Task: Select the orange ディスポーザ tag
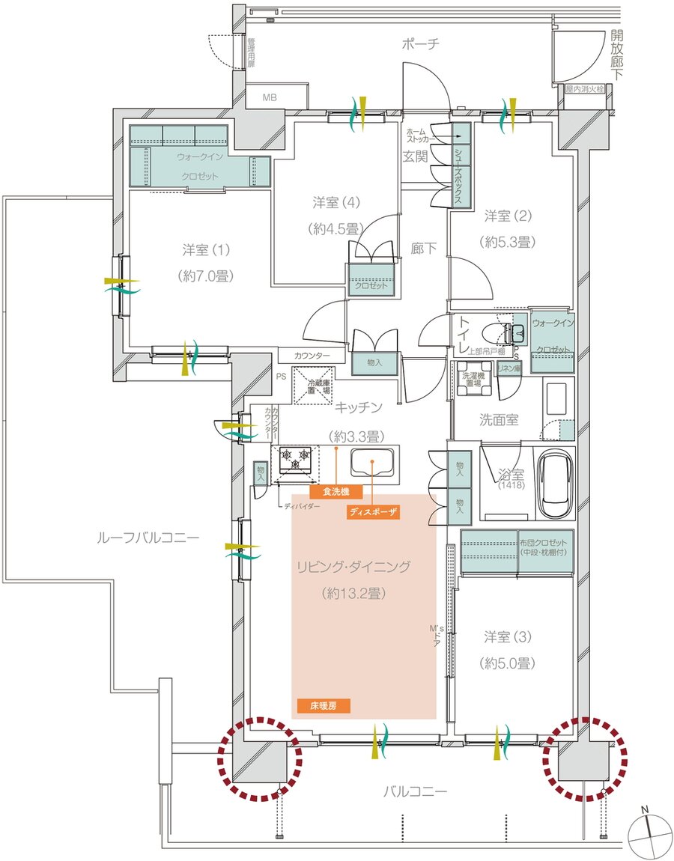(x=372, y=513)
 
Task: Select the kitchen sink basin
(x=374, y=466)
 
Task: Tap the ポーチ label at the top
(x=421, y=44)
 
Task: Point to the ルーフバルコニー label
(x=148, y=538)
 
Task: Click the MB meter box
(x=268, y=97)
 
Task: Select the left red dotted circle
(x=259, y=759)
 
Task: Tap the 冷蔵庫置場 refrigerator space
(x=312, y=386)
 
